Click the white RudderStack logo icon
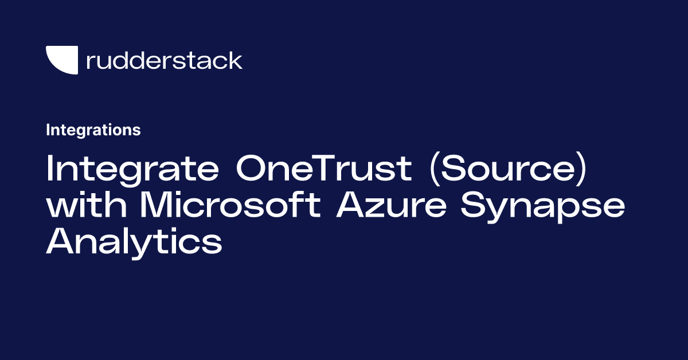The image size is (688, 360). tap(61, 60)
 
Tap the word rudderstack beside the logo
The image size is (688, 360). tap(164, 60)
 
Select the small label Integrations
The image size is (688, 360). tap(93, 130)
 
